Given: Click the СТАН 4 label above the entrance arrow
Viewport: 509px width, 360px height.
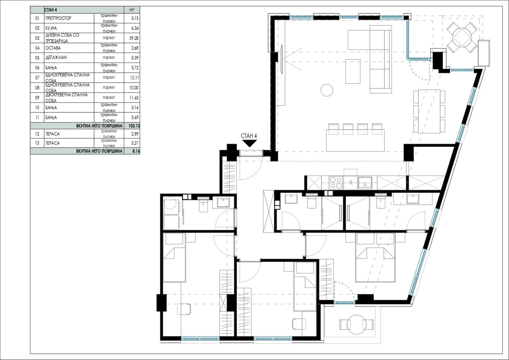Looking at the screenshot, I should pyautogui.click(x=248, y=136).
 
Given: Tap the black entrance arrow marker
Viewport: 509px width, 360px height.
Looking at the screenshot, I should pyautogui.click(x=249, y=143).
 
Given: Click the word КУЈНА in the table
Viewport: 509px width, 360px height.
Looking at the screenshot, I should pyautogui.click(x=51, y=28).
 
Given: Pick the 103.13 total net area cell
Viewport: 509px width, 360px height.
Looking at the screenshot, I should pyautogui.click(x=134, y=126).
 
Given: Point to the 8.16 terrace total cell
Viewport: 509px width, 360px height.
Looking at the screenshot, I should pyautogui.click(x=136, y=151).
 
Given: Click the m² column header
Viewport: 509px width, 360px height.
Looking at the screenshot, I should pyautogui.click(x=132, y=10).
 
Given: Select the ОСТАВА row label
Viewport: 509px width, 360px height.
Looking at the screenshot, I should pyautogui.click(x=53, y=48).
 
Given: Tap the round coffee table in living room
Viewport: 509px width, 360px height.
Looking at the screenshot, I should pyautogui.click(x=327, y=90).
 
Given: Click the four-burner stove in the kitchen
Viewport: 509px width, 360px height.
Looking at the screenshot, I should pyautogui.click(x=336, y=183).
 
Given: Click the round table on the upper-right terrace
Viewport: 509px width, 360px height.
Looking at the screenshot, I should pyautogui.click(x=462, y=37).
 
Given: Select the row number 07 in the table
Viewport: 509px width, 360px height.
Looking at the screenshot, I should pyautogui.click(x=37, y=78).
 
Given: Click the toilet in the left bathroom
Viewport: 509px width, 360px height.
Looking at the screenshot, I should pyautogui.click(x=203, y=206).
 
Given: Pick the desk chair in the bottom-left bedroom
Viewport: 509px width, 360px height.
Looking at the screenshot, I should pyautogui.click(x=184, y=309).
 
